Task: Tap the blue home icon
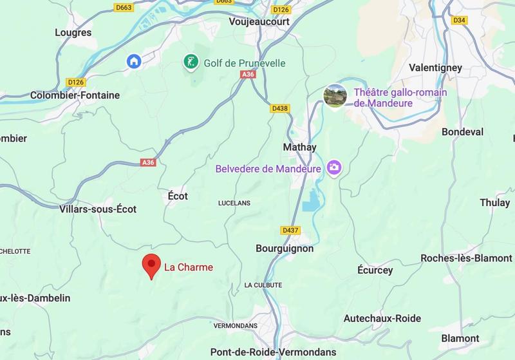(x=134, y=61)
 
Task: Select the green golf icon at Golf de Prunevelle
(x=191, y=62)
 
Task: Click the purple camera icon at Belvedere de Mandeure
(x=333, y=168)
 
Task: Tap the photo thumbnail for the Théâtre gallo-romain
(x=335, y=97)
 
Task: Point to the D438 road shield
(x=279, y=108)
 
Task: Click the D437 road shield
(x=290, y=230)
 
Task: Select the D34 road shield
(x=459, y=20)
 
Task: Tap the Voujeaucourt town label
(x=259, y=21)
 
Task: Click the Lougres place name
(x=73, y=32)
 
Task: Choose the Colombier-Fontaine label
(x=75, y=95)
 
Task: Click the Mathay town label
(x=300, y=147)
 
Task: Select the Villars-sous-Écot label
(x=98, y=209)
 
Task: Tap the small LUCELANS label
(x=235, y=203)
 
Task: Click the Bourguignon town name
(x=285, y=249)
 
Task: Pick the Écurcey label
(x=375, y=270)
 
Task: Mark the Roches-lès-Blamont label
(x=467, y=258)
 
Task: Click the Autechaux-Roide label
(x=382, y=318)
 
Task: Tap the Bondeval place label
(x=462, y=132)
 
